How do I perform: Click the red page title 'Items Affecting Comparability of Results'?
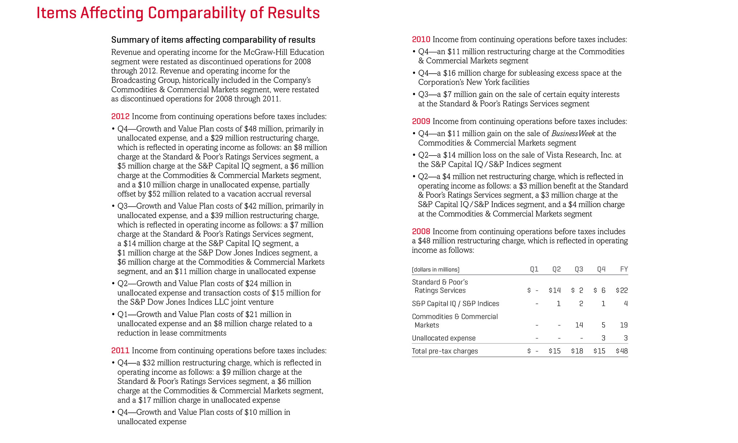[x=178, y=13]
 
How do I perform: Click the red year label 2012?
[x=120, y=117]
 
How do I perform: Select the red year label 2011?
[x=120, y=351]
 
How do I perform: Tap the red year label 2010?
[x=421, y=40]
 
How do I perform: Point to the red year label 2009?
[x=421, y=122]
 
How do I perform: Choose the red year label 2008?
[x=421, y=232]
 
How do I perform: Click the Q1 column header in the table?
[x=534, y=269]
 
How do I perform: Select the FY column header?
[x=624, y=269]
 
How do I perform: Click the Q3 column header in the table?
[x=579, y=269]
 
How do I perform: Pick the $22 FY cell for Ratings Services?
[x=622, y=290]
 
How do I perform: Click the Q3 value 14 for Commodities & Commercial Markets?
[x=579, y=325]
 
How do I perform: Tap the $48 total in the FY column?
[x=622, y=351]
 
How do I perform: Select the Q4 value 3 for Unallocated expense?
[x=603, y=338]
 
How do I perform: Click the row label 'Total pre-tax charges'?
[x=445, y=351]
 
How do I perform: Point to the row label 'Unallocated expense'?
[x=444, y=338]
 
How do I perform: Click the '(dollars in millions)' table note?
[x=436, y=269]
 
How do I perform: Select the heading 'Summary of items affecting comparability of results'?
[x=213, y=40]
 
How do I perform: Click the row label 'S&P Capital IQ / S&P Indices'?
[x=455, y=304]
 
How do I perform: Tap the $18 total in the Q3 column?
[x=577, y=351]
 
